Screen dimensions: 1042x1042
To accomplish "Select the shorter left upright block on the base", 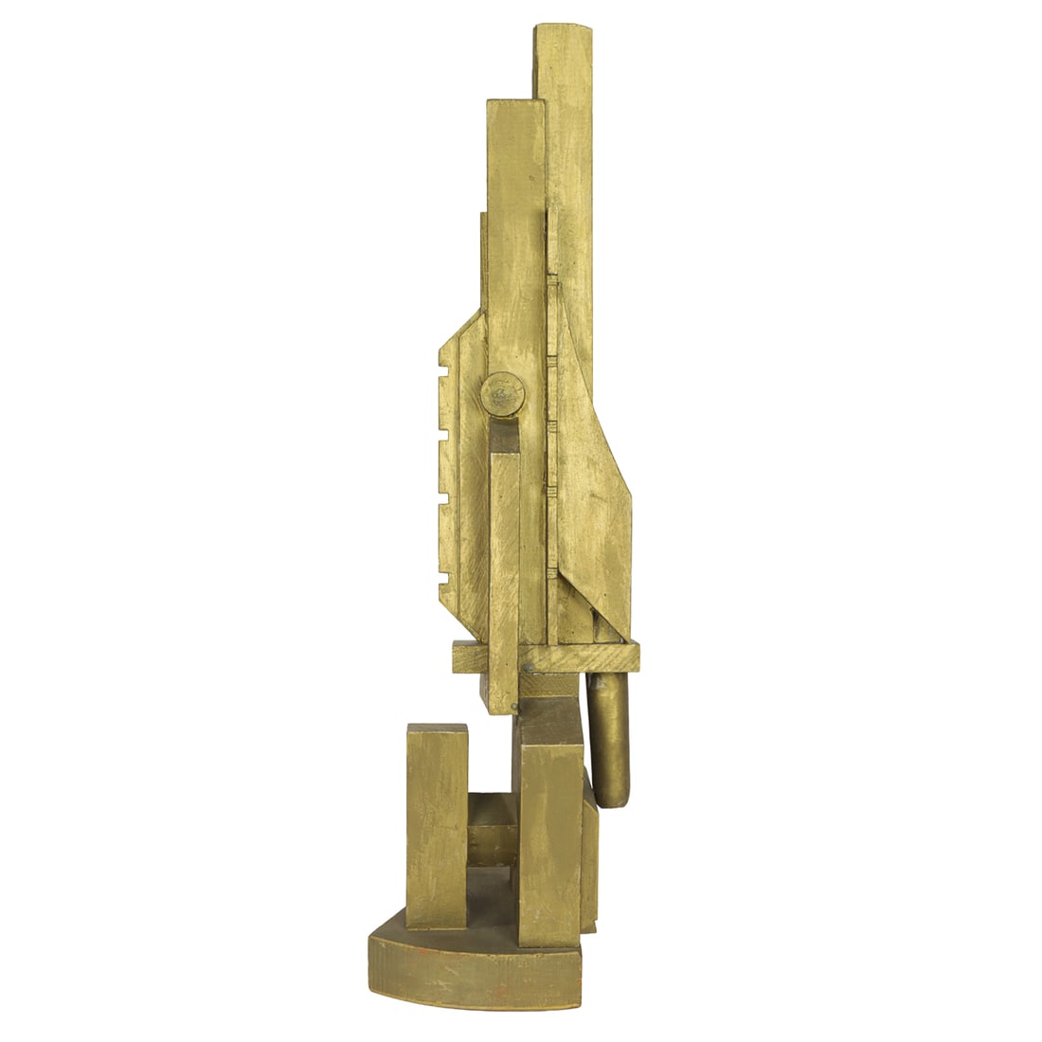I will click(437, 824).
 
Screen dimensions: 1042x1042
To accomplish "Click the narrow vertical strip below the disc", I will click(504, 568).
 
